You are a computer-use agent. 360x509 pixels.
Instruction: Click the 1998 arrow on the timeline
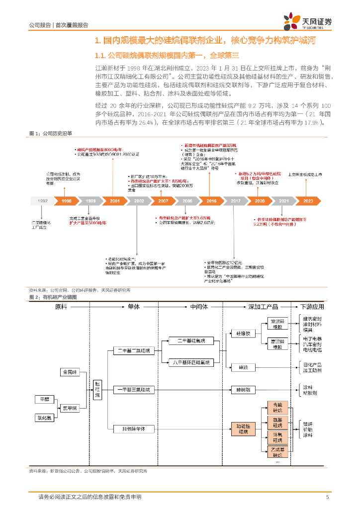[66, 201]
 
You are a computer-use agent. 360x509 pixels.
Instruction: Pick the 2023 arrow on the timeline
[308, 201]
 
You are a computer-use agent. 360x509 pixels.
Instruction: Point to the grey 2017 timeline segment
[236, 201]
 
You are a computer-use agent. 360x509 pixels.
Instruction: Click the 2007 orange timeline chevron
[164, 201]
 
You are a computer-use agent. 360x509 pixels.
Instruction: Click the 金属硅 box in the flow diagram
[70, 372]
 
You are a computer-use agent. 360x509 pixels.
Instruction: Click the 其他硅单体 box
[134, 428]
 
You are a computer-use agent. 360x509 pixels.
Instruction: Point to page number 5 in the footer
[327, 497]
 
